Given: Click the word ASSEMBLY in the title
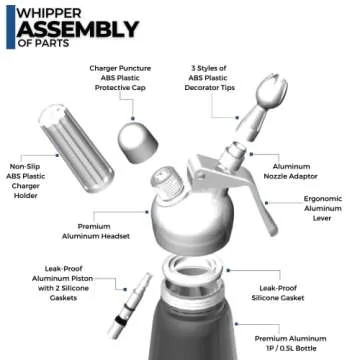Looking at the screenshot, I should pos(74,30).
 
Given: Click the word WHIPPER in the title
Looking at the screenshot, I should pos(46,11).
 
